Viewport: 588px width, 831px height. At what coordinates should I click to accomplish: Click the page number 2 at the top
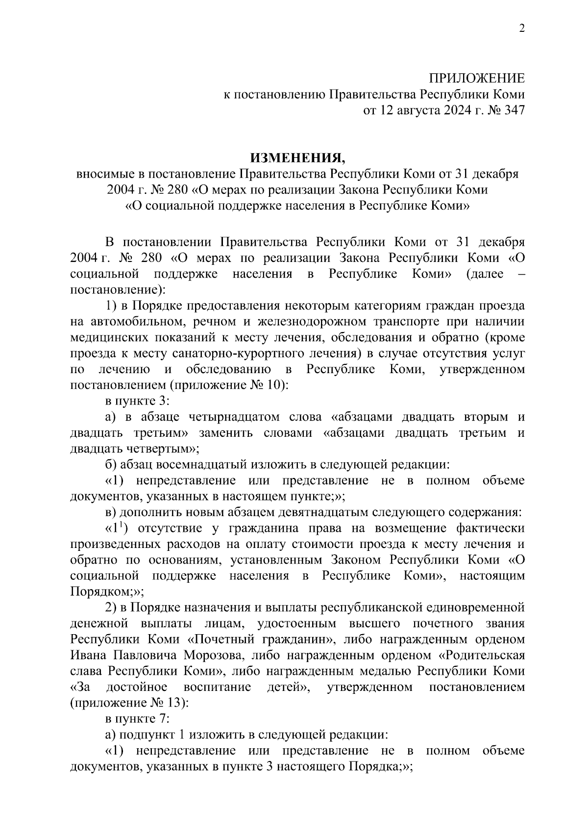tap(521, 29)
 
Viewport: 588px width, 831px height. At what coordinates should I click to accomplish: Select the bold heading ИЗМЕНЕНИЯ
tap(297, 158)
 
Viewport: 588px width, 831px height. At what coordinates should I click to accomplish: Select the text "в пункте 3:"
tap(137, 401)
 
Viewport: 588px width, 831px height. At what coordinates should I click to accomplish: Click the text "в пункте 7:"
tap(137, 719)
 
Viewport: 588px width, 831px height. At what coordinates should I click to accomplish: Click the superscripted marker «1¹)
tap(117, 528)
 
